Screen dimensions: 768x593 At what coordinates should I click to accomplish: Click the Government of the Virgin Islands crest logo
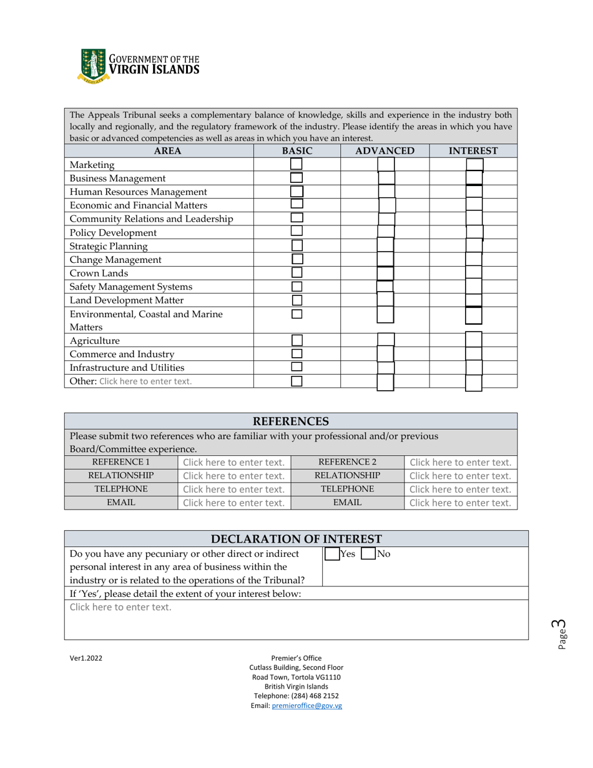[x=93, y=66]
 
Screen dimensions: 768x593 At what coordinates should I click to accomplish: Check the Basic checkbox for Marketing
[x=296, y=164]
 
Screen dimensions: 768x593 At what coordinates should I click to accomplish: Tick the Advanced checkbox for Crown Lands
[x=385, y=273]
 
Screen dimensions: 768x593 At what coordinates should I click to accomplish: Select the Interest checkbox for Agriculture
[x=474, y=340]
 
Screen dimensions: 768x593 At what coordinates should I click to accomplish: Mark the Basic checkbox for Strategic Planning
[x=297, y=246]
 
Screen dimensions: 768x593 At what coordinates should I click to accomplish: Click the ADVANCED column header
[x=385, y=150]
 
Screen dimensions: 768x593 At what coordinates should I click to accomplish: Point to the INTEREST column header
[x=473, y=150]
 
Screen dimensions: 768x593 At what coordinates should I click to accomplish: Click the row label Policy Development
[x=113, y=232]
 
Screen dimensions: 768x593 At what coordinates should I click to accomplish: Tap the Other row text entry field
[x=145, y=381]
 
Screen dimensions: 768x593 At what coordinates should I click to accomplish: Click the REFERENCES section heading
[x=290, y=421]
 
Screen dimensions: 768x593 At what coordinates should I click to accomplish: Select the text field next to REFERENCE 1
[x=234, y=463]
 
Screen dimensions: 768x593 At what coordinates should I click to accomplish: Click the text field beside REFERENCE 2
[x=460, y=463]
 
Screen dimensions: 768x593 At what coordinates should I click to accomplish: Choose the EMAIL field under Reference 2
[x=460, y=503]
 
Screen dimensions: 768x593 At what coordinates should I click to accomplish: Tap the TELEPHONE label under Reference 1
[x=121, y=489]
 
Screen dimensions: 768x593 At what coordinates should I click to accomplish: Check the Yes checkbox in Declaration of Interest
[x=332, y=553]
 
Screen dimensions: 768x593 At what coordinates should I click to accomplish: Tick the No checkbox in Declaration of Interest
[x=368, y=553]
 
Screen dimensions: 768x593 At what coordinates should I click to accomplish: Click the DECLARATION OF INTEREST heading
[x=296, y=539]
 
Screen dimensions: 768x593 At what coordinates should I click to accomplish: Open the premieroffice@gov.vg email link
[x=306, y=706]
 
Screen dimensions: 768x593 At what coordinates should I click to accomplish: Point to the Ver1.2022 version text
[x=86, y=658]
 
